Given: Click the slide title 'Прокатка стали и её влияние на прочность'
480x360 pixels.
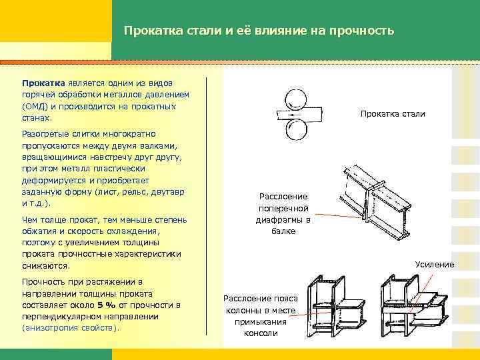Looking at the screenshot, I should click(x=259, y=31).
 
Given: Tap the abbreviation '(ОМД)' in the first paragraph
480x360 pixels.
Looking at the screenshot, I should click(x=35, y=106).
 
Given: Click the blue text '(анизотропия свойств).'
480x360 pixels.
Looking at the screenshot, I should click(x=69, y=329).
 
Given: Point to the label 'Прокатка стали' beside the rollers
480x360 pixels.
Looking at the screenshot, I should click(x=392, y=114).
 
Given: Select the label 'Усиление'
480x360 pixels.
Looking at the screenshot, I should click(x=434, y=265).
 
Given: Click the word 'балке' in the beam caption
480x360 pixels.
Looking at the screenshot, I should click(x=283, y=231).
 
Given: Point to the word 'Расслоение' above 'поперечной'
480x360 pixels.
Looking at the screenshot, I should click(x=283, y=197).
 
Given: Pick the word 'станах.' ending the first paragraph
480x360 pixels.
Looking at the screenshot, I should click(x=37, y=117).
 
